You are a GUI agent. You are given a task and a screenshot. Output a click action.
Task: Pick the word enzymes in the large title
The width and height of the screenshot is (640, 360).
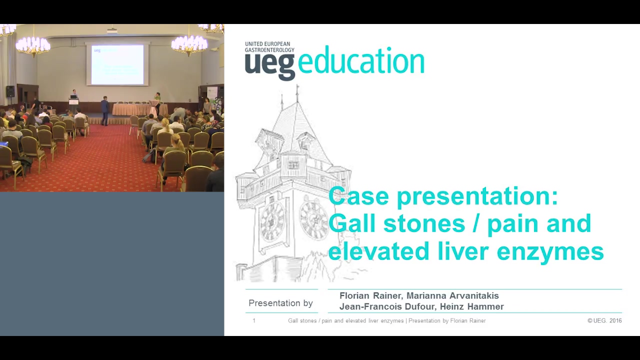550,251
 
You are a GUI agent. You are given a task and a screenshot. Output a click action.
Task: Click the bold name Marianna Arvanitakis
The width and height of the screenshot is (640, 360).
452,295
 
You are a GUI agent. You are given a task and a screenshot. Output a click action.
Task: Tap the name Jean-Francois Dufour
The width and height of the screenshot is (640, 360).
387,306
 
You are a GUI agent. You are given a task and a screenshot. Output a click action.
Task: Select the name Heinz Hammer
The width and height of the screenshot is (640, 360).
471,306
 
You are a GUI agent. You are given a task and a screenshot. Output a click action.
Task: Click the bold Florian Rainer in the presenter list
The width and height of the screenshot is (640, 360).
371,295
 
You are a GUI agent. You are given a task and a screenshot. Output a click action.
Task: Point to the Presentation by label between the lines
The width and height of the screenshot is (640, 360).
280,303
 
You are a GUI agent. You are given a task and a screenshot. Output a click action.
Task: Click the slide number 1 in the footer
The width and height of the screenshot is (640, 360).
254,321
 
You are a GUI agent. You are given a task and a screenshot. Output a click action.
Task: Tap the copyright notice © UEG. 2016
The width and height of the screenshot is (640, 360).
604,320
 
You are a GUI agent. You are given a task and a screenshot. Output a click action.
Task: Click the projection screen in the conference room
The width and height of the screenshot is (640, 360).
117,64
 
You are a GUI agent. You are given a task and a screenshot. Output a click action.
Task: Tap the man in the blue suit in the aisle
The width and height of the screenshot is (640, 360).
105,111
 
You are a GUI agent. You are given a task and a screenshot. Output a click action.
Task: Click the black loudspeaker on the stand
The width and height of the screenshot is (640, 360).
10,91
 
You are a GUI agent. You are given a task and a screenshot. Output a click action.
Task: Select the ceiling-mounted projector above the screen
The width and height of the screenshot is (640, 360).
111,30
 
